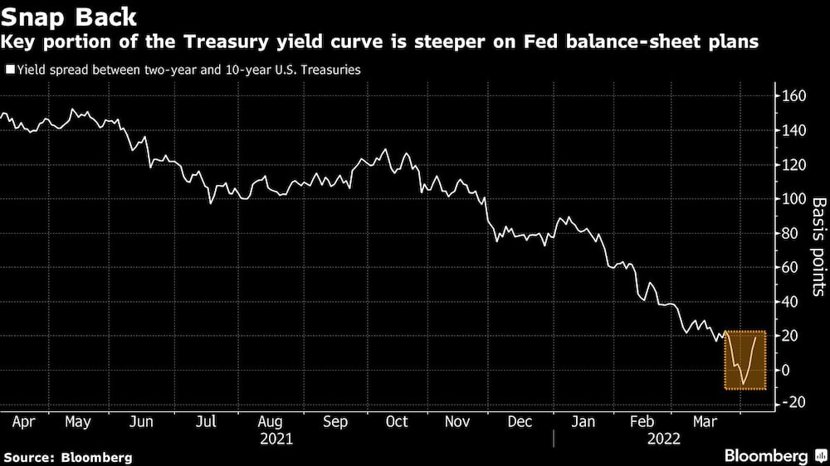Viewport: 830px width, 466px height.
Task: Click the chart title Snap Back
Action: (71, 16)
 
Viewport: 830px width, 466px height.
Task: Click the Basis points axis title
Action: (818, 246)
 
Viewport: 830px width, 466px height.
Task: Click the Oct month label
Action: (397, 421)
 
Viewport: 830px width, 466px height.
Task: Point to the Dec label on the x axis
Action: (520, 421)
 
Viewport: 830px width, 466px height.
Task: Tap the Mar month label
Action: (705, 421)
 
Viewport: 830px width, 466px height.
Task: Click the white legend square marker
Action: (9, 70)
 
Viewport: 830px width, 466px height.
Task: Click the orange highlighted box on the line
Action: (745, 359)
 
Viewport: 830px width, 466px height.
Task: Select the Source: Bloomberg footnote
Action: (68, 457)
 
